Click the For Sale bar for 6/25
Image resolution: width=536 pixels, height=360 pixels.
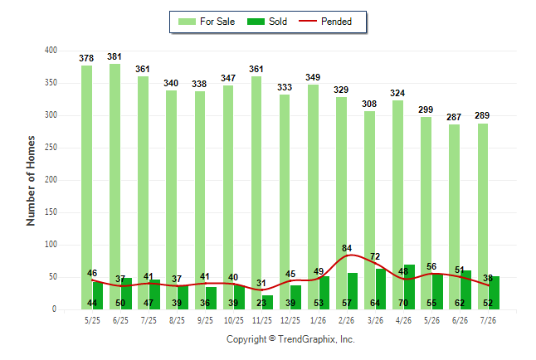pos(115,187)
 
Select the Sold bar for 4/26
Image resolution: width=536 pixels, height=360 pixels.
pos(410,287)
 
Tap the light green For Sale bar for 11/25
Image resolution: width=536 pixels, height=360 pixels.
pos(256,192)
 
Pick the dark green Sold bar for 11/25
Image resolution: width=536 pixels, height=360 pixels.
pos(268,302)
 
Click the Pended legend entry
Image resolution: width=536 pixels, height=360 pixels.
pos(325,22)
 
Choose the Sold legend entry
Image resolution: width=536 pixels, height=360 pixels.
pos(267,22)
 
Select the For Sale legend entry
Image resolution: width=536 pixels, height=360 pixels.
pos(207,22)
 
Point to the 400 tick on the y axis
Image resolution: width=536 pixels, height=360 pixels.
pos(51,51)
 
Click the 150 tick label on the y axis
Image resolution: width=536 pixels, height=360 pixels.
pos(51,212)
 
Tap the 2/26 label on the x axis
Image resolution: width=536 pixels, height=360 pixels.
pos(347,320)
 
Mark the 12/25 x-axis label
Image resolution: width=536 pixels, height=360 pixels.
pos(290,320)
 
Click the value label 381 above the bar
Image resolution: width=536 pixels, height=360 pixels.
pos(115,56)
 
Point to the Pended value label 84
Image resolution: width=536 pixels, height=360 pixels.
pos(347,248)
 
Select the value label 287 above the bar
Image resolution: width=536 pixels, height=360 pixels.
pos(454,117)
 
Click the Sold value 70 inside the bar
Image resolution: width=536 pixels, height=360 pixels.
pos(403,303)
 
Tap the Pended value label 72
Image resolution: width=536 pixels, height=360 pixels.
pos(375,256)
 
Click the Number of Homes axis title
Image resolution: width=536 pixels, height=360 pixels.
pos(31,181)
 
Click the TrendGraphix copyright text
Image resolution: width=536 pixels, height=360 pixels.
pos(290,339)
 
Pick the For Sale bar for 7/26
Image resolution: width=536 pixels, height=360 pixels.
pos(483,216)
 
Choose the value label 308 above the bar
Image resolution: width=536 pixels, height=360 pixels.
pos(369,104)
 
